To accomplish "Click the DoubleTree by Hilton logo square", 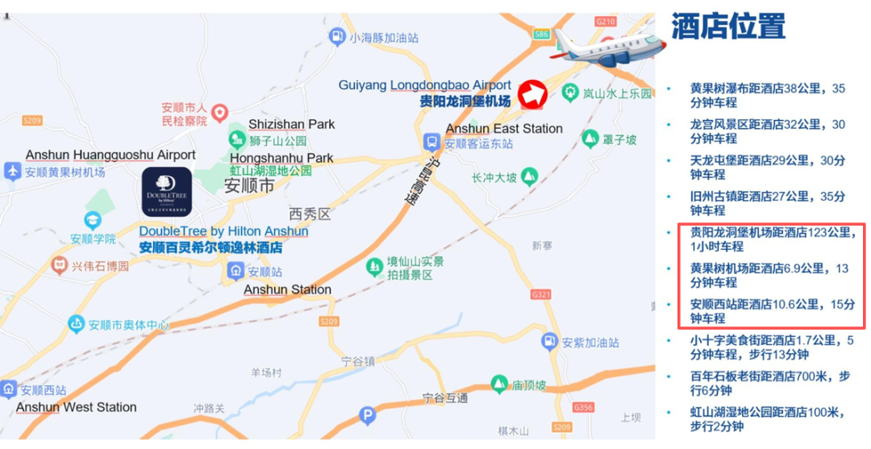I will [167, 192].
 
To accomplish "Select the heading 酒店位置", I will [727, 27].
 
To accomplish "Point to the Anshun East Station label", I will [504, 128].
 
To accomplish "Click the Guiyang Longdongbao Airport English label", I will [424, 85].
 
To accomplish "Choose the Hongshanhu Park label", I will [281, 157].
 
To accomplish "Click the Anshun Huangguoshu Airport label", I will [110, 155].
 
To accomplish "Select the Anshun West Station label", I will [77, 407].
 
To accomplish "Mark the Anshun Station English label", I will [287, 289].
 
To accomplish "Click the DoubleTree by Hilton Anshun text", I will [223, 231].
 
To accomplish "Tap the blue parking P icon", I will [367, 416].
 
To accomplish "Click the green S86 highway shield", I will [541, 34].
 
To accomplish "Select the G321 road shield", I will [540, 296].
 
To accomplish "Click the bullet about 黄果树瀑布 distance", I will [766, 95].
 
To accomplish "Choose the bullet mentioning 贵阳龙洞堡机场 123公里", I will [771, 239].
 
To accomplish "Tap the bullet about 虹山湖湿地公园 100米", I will [766, 419].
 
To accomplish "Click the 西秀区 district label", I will [310, 214].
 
